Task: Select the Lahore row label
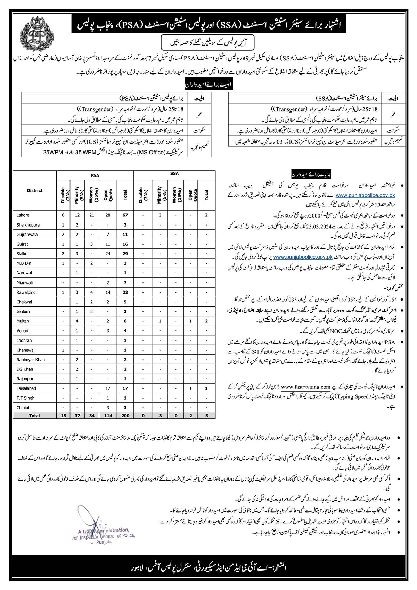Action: tap(23, 215)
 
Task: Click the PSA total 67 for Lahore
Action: tap(125, 215)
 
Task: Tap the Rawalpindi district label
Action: tap(26, 292)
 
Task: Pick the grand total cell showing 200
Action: tap(125, 415)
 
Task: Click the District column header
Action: tap(34, 190)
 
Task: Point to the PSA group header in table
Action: tap(95, 176)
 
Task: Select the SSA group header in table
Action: tap(174, 174)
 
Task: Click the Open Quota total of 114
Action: tap(108, 415)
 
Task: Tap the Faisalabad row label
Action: tap(26, 388)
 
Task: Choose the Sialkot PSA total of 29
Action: tap(125, 254)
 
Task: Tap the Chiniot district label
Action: tap(23, 407)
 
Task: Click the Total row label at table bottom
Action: tap(34, 415)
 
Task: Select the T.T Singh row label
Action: tap(26, 398)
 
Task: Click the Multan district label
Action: tap(23, 321)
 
